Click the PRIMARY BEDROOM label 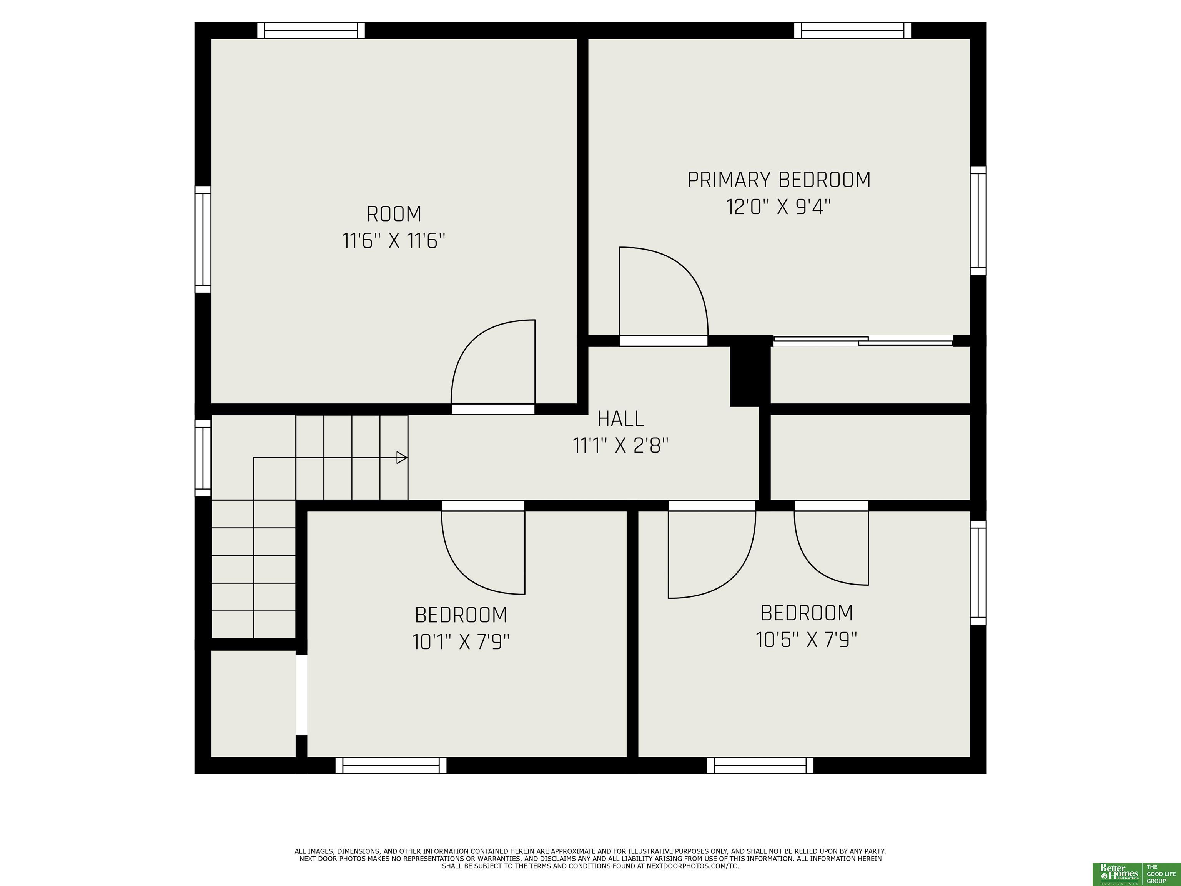click(778, 180)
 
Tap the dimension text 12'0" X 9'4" click(778, 207)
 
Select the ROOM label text click(394, 214)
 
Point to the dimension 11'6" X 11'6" click(394, 241)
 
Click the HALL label click(620, 419)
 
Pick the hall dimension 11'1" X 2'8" click(620, 445)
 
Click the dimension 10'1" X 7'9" click(461, 641)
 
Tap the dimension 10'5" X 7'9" click(806, 639)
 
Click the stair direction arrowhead click(401, 458)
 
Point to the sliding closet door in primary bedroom click(863, 341)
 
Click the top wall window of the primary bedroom click(853, 30)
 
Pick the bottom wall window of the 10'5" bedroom click(760, 765)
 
